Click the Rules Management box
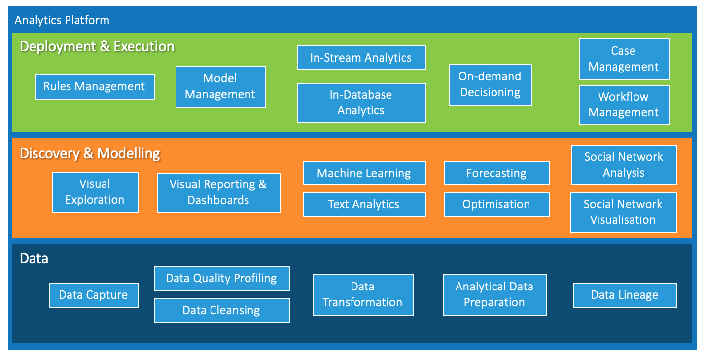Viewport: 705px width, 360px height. pos(95,87)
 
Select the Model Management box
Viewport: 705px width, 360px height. pos(221,87)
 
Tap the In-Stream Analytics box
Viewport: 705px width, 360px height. pos(361,58)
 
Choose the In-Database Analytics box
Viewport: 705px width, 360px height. pos(361,103)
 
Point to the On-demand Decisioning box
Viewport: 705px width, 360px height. pos(491,85)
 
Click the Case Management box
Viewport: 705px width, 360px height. pos(624,59)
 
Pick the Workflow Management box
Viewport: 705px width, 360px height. pos(624,105)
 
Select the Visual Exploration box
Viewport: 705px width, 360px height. pos(95,192)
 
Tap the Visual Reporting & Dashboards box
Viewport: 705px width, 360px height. pos(219,193)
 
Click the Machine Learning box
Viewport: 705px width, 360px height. pos(364,173)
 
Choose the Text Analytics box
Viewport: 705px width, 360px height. pos(364,205)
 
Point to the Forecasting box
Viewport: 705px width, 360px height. pos(496,173)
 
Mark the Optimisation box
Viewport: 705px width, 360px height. pos(496,205)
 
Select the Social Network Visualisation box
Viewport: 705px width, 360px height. pos(624,213)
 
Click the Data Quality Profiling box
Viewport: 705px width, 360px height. pos(221,279)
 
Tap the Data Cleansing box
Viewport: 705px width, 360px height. pos(221,310)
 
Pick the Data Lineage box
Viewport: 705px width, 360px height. pos(625,295)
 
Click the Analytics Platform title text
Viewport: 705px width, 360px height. pos(62,20)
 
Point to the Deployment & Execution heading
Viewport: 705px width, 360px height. pos(97,47)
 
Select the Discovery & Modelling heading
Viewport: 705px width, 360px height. pos(90,154)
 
